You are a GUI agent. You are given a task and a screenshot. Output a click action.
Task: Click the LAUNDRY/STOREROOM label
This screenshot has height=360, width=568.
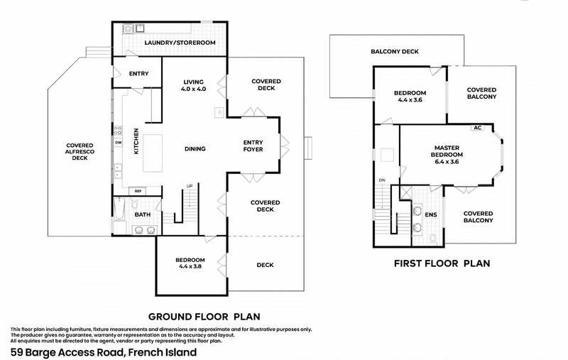coord(179,43)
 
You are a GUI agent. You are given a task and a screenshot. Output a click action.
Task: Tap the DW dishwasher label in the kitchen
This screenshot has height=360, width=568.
coord(119,142)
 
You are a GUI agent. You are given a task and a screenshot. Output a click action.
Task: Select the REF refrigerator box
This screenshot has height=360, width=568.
coord(138,190)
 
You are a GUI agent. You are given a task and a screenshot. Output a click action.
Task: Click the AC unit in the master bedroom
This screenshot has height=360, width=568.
coord(477,129)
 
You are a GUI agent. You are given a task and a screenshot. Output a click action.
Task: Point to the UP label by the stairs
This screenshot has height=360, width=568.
coord(189,186)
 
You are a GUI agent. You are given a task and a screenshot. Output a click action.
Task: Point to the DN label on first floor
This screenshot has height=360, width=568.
coord(382,180)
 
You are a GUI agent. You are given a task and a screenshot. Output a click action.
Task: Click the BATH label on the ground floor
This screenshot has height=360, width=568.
coord(142,214)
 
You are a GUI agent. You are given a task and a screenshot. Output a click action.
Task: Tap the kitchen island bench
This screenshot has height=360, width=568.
coord(153,153)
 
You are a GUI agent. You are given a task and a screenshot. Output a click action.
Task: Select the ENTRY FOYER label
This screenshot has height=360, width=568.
coord(253,146)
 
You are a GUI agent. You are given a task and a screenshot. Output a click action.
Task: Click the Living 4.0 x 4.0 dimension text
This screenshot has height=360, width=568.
coord(193,89)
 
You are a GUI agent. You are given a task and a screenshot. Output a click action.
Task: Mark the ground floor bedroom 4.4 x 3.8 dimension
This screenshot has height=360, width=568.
coord(190,268)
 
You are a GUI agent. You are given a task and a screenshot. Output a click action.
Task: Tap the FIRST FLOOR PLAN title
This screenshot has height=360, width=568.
coord(442,263)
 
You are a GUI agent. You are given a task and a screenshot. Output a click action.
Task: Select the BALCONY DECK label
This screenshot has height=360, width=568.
coord(394,51)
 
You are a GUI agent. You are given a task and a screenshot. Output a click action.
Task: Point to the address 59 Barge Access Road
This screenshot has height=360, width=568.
coord(103,351)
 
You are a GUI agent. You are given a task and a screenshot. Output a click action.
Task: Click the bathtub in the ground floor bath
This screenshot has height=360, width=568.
coord(119,211)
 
